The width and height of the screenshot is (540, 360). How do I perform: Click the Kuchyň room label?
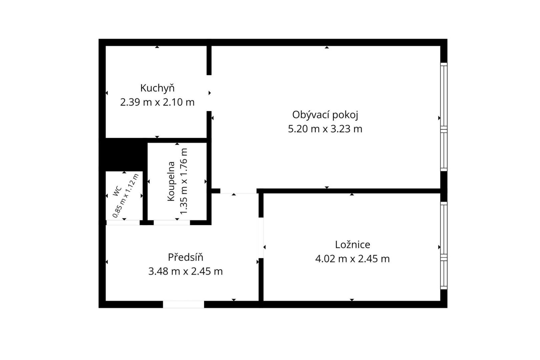157,88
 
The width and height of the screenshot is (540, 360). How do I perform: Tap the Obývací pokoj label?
325,115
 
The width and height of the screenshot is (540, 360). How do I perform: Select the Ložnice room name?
352,245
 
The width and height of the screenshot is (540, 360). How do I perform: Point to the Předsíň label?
185,257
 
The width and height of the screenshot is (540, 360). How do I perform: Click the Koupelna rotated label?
171,181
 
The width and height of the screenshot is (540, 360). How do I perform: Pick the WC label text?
117,191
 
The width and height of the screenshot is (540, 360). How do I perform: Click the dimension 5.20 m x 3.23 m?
325,129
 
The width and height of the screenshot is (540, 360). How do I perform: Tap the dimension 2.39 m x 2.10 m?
157,102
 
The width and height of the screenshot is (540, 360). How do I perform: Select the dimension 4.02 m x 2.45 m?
352,259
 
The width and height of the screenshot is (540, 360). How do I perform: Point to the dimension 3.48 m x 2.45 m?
185,272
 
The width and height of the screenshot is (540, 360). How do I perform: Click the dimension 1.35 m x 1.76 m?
184,181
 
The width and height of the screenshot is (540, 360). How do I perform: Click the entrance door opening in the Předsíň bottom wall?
183,304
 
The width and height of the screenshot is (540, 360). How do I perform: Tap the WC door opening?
123,223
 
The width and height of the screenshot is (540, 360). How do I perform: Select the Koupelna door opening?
172,223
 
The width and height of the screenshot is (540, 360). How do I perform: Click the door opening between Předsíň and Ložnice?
261,238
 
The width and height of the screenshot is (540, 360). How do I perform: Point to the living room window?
444,117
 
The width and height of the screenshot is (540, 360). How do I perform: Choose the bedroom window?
444,245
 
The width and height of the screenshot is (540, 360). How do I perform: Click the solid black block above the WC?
123,155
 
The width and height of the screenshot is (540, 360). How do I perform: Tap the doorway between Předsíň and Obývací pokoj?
238,191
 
